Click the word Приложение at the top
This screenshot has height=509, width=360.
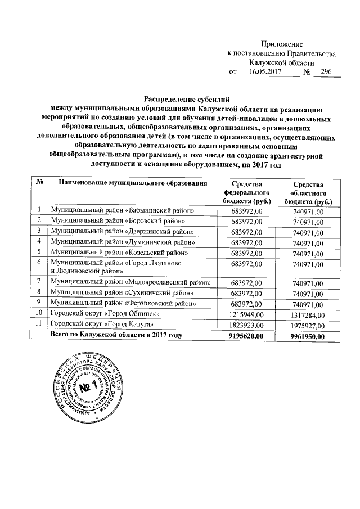[x=283, y=44]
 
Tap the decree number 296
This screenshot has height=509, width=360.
[x=326, y=73]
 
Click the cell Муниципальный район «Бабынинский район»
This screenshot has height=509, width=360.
[x=123, y=210]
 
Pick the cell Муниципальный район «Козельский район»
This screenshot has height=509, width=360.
[x=119, y=251]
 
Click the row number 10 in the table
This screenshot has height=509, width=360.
[x=39, y=313]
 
